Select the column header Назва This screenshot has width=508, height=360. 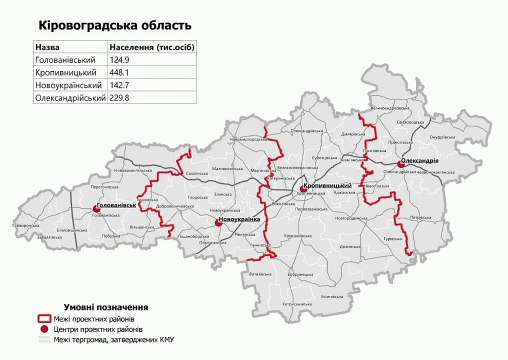47,47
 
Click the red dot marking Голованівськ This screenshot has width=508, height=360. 97,209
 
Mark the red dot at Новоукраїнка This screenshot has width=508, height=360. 217,223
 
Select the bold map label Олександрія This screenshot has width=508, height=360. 419,162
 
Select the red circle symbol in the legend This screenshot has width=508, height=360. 44,329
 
